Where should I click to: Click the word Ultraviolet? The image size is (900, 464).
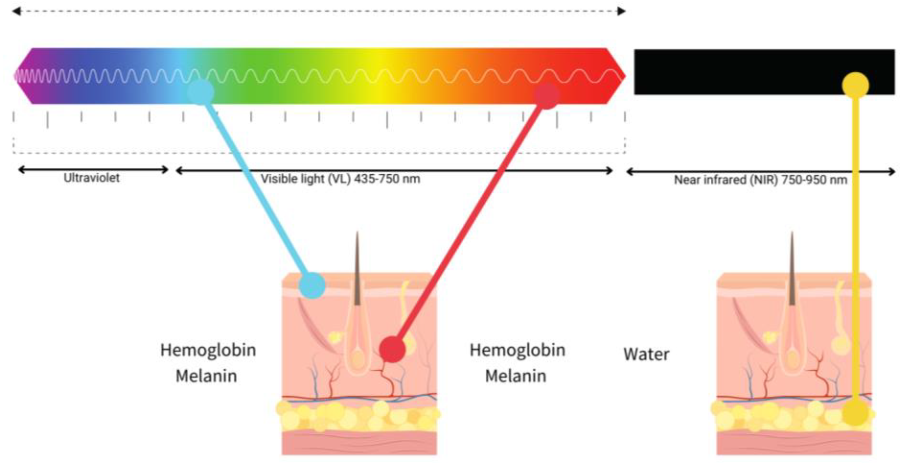[91, 178]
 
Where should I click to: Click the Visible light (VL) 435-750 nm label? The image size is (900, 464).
[340, 179]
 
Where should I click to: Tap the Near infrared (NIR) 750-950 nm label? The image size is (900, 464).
[760, 180]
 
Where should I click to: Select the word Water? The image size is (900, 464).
[647, 354]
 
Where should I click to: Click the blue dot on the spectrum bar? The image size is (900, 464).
[200, 92]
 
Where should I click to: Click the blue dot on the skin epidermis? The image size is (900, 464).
[312, 286]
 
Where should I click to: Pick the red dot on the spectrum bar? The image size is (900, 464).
[547, 96]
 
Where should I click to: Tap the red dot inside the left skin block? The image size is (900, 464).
[392, 349]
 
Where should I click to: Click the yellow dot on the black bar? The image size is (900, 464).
[855, 85]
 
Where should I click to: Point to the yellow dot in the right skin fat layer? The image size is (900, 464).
[855, 413]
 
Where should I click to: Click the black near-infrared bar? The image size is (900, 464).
[734, 72]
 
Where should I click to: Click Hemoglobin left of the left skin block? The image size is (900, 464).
[208, 350]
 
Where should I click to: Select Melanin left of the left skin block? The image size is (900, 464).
[206, 376]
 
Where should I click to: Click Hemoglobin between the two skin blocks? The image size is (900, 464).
[518, 350]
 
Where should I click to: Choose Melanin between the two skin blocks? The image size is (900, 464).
[516, 376]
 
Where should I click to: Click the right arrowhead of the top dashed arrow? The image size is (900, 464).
[622, 11]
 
